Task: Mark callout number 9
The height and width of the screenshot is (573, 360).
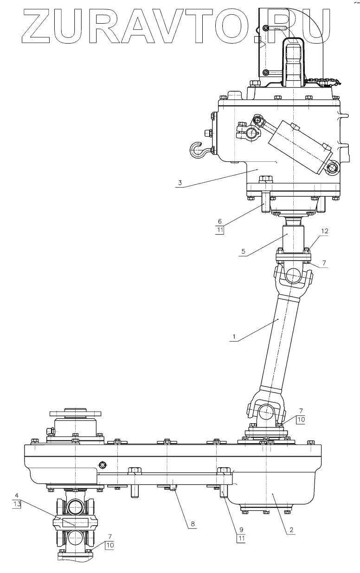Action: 242,529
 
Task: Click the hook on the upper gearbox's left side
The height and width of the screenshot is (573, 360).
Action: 198,150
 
